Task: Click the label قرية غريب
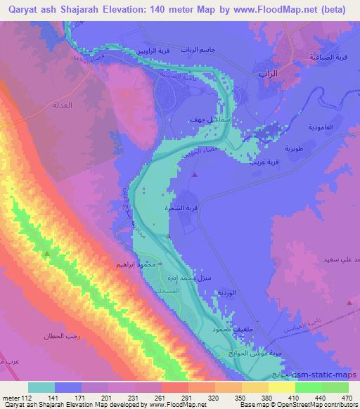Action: point(262,162)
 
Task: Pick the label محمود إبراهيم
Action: point(132,265)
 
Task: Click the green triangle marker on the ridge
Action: point(47,253)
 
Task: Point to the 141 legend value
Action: point(52,397)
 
